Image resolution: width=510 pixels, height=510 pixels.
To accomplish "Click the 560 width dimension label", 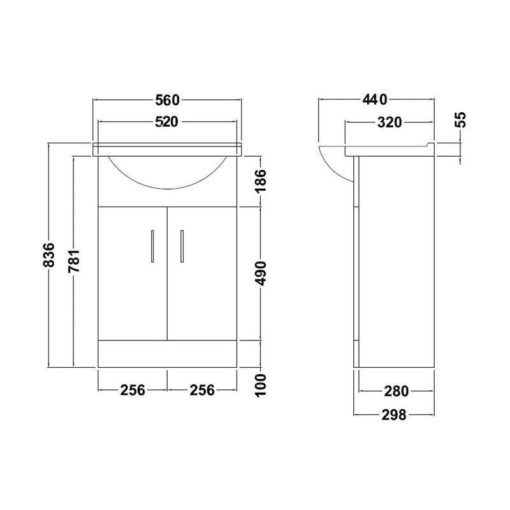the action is tap(167, 100).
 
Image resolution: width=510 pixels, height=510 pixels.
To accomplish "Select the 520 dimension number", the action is tap(167, 122).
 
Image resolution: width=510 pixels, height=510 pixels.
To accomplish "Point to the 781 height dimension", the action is tap(74, 261).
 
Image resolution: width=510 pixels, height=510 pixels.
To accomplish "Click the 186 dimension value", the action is tap(261, 180).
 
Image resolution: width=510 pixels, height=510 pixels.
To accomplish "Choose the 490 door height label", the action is tap(261, 273).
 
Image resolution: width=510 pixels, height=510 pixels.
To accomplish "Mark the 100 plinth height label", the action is tap(261, 385).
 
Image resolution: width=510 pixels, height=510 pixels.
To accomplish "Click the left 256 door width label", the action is tap(133, 390).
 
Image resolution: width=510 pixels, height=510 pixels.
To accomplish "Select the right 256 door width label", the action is tap(202, 390).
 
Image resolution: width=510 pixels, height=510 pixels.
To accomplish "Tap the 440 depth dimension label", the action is tap(375, 100).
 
